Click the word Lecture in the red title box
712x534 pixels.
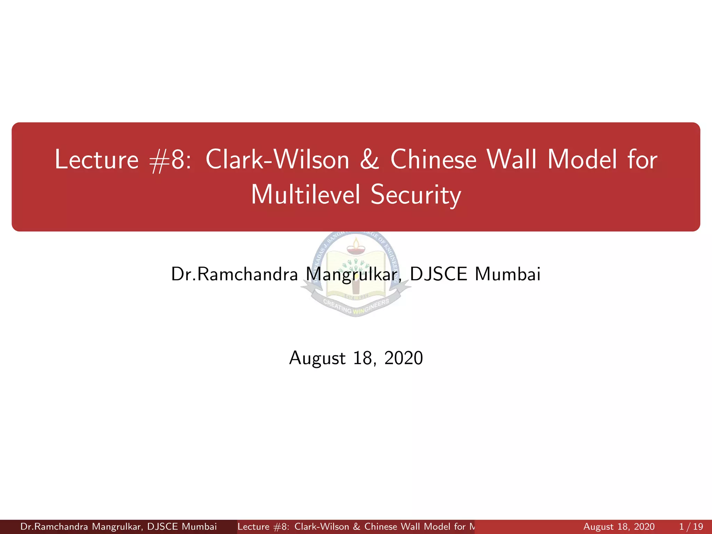tap(97, 160)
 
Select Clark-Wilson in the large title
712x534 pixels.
tap(277, 160)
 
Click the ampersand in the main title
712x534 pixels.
tap(370, 160)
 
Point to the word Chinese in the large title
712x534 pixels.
tap(433, 160)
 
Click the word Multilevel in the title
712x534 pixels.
tap(305, 195)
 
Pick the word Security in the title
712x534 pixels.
tap(416, 195)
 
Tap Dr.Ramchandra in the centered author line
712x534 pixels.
tap(234, 274)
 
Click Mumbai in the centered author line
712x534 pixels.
tap(508, 274)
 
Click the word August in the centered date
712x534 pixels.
tap(317, 358)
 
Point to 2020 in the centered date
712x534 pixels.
tap(404, 358)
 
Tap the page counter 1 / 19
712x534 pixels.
tap(691, 527)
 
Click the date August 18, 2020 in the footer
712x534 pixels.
tap(619, 527)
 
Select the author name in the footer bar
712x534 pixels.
tap(118, 527)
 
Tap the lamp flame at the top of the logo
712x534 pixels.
tap(356, 242)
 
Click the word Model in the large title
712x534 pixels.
tap(582, 160)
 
